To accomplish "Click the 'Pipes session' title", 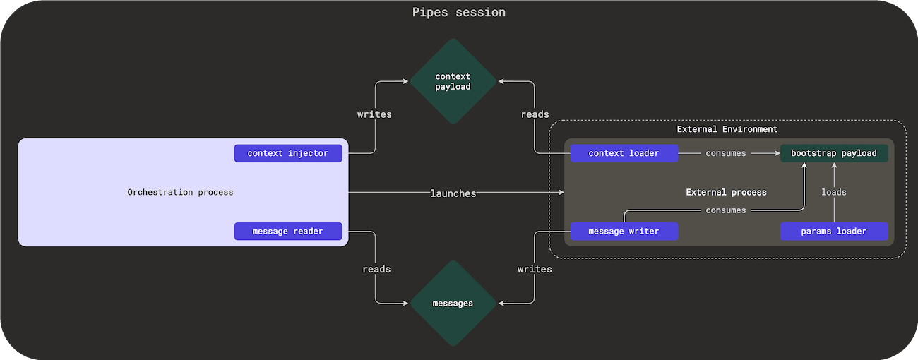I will (459, 13).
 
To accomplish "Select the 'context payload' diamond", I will (453, 81).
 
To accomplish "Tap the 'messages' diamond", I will (453, 303).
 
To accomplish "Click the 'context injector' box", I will (288, 153).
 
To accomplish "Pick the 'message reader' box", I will (288, 231).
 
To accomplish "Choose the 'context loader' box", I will (624, 153).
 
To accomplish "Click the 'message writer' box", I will (624, 231).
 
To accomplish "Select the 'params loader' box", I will (834, 231).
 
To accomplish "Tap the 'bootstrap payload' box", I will (834, 153).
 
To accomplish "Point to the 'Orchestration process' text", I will (180, 192).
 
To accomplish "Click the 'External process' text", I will (726, 192).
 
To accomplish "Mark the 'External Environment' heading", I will (727, 129).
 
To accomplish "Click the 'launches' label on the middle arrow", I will (453, 193).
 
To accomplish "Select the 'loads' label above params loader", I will (834, 192).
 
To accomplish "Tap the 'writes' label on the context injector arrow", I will (374, 114).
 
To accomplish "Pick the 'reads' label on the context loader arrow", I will (535, 114).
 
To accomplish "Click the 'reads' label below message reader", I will (376, 269).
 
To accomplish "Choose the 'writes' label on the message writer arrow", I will (535, 269).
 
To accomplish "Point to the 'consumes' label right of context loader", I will (726, 153).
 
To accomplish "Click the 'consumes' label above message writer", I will (726, 210).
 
